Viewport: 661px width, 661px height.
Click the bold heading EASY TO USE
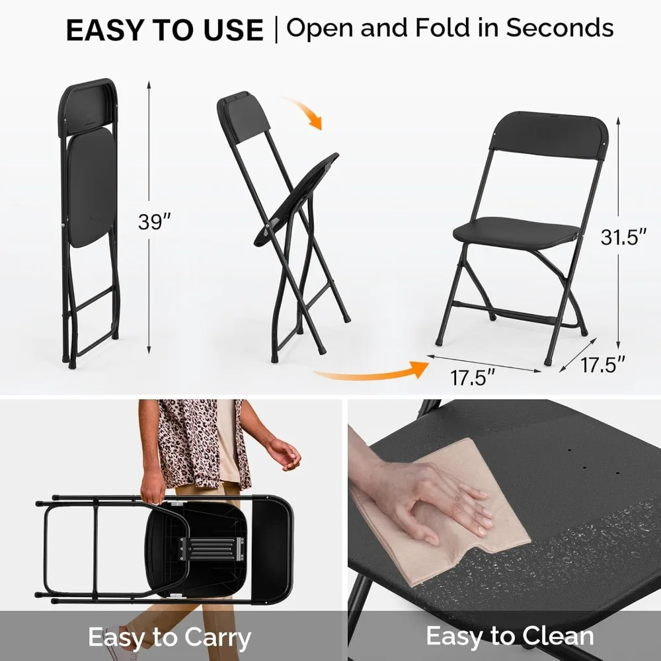tap(165, 30)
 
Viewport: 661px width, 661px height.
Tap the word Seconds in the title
tap(560, 28)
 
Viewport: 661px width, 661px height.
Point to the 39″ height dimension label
tap(150, 222)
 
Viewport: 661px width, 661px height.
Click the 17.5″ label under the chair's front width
tap(473, 378)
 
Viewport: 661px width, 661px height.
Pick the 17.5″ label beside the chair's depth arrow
tap(603, 364)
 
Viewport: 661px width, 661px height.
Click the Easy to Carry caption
tap(170, 638)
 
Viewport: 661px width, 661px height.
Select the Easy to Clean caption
tap(510, 636)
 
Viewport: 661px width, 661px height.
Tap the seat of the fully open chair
tap(516, 231)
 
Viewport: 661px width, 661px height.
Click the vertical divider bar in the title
tap(275, 30)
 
